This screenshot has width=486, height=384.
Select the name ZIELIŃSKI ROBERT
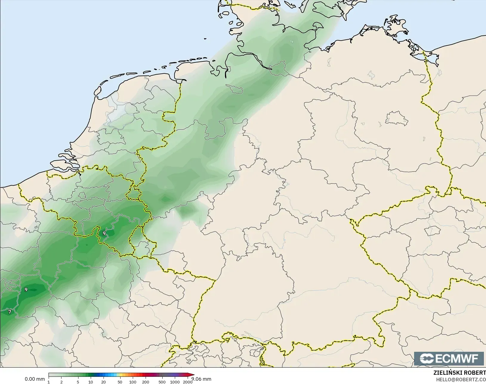[x=459, y=373]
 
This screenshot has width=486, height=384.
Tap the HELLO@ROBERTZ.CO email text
[x=461, y=380]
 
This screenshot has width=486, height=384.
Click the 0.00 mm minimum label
[x=35, y=379]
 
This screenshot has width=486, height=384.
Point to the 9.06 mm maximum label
[x=201, y=379]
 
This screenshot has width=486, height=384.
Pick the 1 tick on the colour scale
[x=49, y=382]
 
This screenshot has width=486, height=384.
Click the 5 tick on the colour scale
[x=78, y=382]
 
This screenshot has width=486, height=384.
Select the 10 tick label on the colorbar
[x=91, y=382]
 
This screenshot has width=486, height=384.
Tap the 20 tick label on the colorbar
[x=104, y=382]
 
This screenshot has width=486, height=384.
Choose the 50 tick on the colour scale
[x=120, y=382]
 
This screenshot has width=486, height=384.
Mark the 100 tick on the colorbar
[x=133, y=382]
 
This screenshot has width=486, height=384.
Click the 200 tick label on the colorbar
[x=146, y=382]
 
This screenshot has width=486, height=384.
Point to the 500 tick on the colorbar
[x=162, y=382]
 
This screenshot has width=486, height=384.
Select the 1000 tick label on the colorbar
[x=175, y=382]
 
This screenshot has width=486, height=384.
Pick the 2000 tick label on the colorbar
[x=187, y=382]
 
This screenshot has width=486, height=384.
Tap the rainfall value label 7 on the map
[x=10, y=312]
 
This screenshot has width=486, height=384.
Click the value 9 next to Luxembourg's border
[x=104, y=233]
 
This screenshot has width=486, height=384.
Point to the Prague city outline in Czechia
[x=432, y=231]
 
